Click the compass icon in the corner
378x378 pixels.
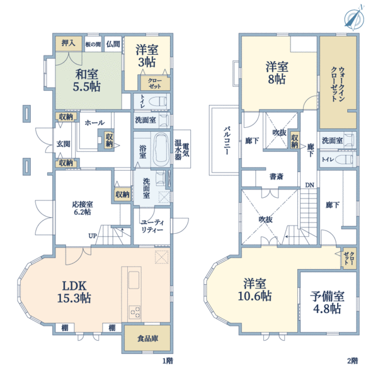point(354,18)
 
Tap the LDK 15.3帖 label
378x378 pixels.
point(74,292)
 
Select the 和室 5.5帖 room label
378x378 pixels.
point(86,80)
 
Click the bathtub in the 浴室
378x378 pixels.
point(160,149)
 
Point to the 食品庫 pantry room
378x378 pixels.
point(147,338)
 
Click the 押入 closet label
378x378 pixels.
point(68,43)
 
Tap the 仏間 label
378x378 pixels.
point(113,44)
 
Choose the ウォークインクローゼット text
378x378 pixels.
point(338,84)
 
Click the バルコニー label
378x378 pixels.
point(226,140)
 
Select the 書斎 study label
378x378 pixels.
point(277,176)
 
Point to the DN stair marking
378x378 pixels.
point(309,185)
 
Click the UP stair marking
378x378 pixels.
point(93,236)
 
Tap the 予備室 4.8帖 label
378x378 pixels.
point(327,302)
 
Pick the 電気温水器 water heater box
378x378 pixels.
point(182,149)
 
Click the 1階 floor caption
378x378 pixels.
point(168,361)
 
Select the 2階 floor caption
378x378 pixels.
point(352,361)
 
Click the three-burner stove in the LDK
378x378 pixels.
point(135,312)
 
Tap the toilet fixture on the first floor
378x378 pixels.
point(157,101)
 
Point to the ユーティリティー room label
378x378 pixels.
point(152,226)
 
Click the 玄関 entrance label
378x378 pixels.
point(64,144)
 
